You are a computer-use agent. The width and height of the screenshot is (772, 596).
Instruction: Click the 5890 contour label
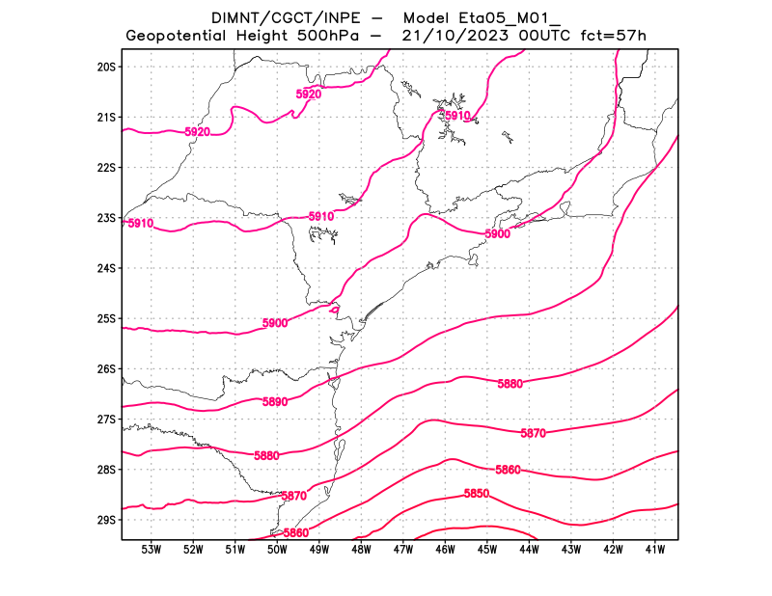point(275,402)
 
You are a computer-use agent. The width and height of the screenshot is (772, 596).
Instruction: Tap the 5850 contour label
point(476,494)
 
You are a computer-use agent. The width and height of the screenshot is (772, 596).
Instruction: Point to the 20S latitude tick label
point(106,67)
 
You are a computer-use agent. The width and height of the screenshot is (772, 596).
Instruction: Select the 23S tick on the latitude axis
point(106,218)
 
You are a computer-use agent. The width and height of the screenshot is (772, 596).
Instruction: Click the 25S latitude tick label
point(106,318)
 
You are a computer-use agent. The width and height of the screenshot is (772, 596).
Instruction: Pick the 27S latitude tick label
point(106,420)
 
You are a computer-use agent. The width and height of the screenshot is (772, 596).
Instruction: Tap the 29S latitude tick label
point(106,520)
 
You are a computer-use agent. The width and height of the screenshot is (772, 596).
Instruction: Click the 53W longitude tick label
point(151,550)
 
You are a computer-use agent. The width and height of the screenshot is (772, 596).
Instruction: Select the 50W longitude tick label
point(277,550)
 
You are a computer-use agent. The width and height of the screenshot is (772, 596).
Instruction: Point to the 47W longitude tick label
point(403,550)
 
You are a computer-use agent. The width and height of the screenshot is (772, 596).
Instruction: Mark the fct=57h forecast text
point(612,36)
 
